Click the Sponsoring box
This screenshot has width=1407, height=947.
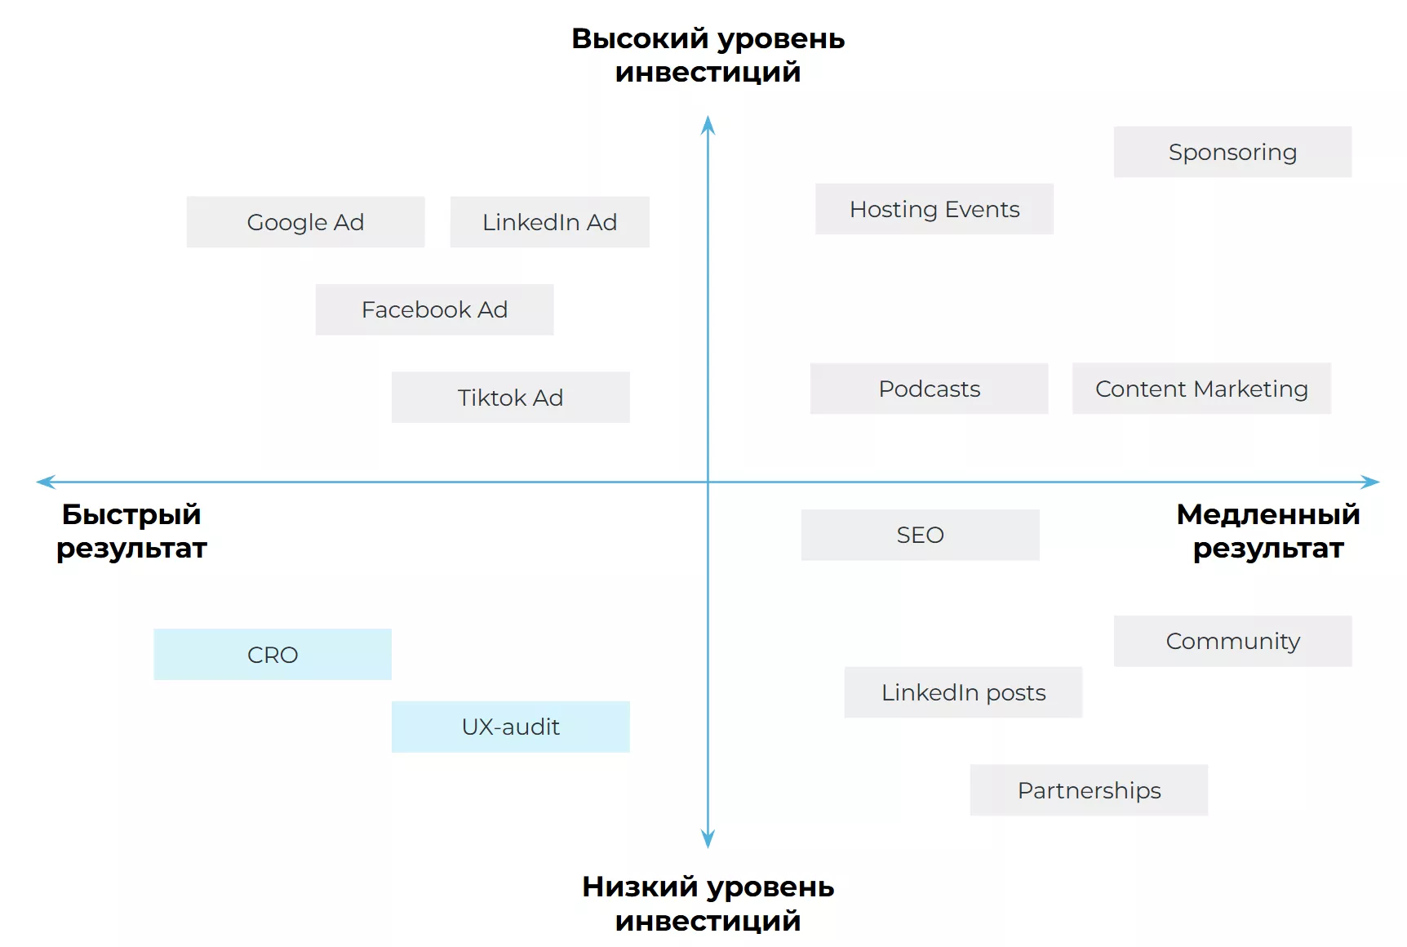point(1232,152)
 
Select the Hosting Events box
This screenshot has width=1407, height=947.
point(934,209)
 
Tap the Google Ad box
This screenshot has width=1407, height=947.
point(305,222)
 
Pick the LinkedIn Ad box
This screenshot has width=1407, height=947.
point(549,222)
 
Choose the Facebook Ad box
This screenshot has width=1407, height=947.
point(434,309)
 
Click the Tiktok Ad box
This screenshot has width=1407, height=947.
point(510,398)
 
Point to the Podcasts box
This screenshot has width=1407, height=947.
point(929,389)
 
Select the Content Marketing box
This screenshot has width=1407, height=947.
point(1201,389)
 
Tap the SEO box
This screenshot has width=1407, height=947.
point(920,535)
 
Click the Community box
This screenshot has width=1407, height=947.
point(1232,641)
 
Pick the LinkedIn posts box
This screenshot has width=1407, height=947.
point(963,692)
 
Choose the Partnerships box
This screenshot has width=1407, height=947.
point(1089,790)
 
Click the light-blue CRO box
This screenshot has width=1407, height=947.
point(273,654)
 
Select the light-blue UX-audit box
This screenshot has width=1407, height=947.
point(510,727)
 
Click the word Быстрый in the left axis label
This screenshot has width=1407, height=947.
point(131,514)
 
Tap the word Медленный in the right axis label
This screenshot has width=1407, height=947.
point(1268,514)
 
